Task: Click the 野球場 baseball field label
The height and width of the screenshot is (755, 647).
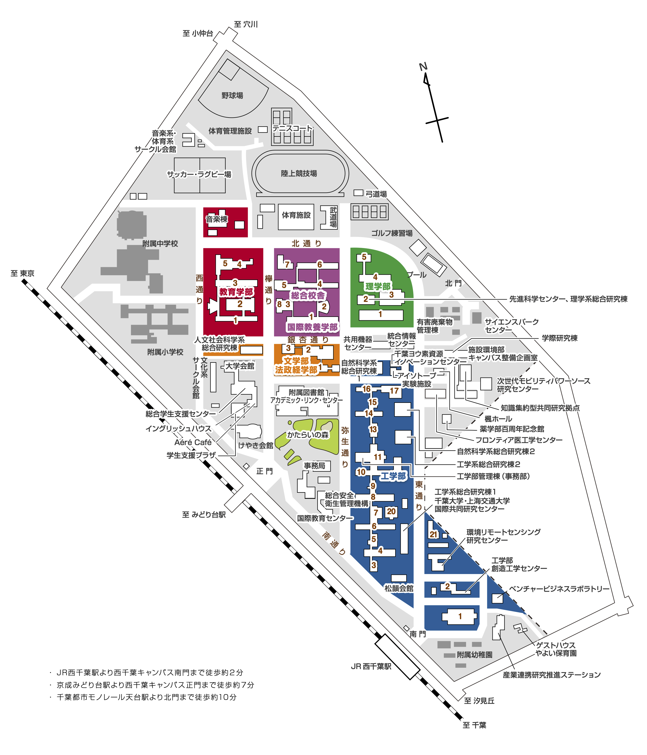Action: pyautogui.click(x=232, y=96)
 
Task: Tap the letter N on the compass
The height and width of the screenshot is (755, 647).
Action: pyautogui.click(x=423, y=67)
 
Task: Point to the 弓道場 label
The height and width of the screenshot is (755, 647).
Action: pyautogui.click(x=376, y=194)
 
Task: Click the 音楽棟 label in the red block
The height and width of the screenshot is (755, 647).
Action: pyautogui.click(x=217, y=219)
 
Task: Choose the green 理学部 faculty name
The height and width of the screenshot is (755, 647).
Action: pyautogui.click(x=378, y=286)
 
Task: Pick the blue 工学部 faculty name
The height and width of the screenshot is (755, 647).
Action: pyautogui.click(x=393, y=476)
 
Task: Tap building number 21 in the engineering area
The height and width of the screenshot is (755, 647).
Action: pyautogui.click(x=433, y=534)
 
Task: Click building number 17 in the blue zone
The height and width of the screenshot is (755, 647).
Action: pyautogui.click(x=394, y=391)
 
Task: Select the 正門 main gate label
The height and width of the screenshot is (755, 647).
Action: pyautogui.click(x=264, y=471)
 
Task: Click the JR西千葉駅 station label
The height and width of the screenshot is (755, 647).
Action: pyautogui.click(x=371, y=666)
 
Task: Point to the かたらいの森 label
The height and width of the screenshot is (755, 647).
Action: pyautogui.click(x=308, y=435)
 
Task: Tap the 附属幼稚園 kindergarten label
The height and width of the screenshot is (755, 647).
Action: pyautogui.click(x=475, y=655)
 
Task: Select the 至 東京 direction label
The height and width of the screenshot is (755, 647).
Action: pyautogui.click(x=23, y=273)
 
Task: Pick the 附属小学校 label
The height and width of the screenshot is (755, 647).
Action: pyautogui.click(x=165, y=352)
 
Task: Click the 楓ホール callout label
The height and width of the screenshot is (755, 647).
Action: pyautogui.click(x=498, y=419)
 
